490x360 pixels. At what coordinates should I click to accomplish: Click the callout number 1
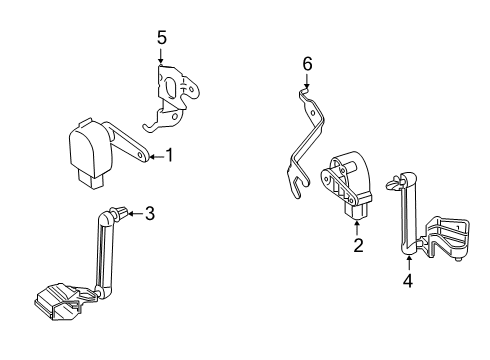[x=169, y=155]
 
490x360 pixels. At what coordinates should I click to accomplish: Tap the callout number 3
[x=150, y=212]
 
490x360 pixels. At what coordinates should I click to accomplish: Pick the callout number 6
[x=307, y=64]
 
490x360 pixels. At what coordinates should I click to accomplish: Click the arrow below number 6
[x=307, y=82]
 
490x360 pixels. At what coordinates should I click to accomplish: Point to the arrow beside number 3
[x=135, y=212]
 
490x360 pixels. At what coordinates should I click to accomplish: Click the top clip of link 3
[x=119, y=213]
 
